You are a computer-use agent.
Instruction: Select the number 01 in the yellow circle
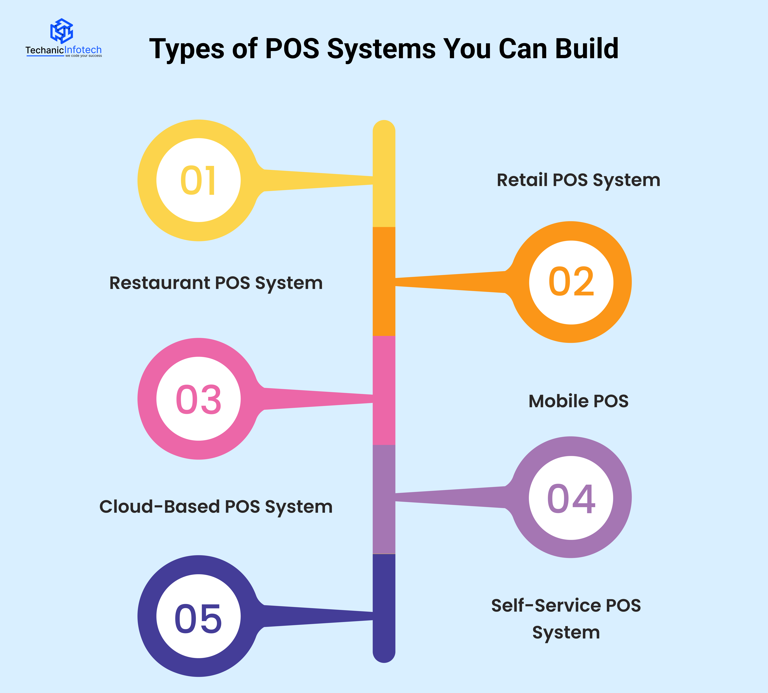pos(199,180)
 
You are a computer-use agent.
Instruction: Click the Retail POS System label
pos(578,180)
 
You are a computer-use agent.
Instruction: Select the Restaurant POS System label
pos(216,283)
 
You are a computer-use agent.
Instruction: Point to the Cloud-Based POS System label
pos(216,507)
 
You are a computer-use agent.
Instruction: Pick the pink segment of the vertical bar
pos(384,423)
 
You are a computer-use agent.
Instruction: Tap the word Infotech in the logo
pos(83,50)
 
